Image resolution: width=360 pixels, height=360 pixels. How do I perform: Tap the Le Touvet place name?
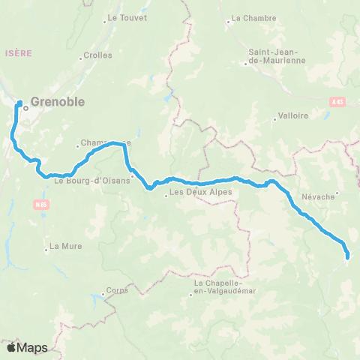(x=127, y=16)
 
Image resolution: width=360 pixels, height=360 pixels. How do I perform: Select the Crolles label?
(x=97, y=55)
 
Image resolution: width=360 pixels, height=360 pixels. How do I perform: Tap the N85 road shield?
(x=40, y=202)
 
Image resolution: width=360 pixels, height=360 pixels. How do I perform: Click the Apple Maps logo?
(x=27, y=347)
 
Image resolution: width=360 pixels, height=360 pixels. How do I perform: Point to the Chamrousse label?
(x=105, y=142)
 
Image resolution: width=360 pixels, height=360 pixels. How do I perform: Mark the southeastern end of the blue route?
(x=347, y=257)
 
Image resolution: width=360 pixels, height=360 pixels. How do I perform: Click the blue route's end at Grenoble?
(x=19, y=103)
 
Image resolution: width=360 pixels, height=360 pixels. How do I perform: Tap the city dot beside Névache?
(x=337, y=193)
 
